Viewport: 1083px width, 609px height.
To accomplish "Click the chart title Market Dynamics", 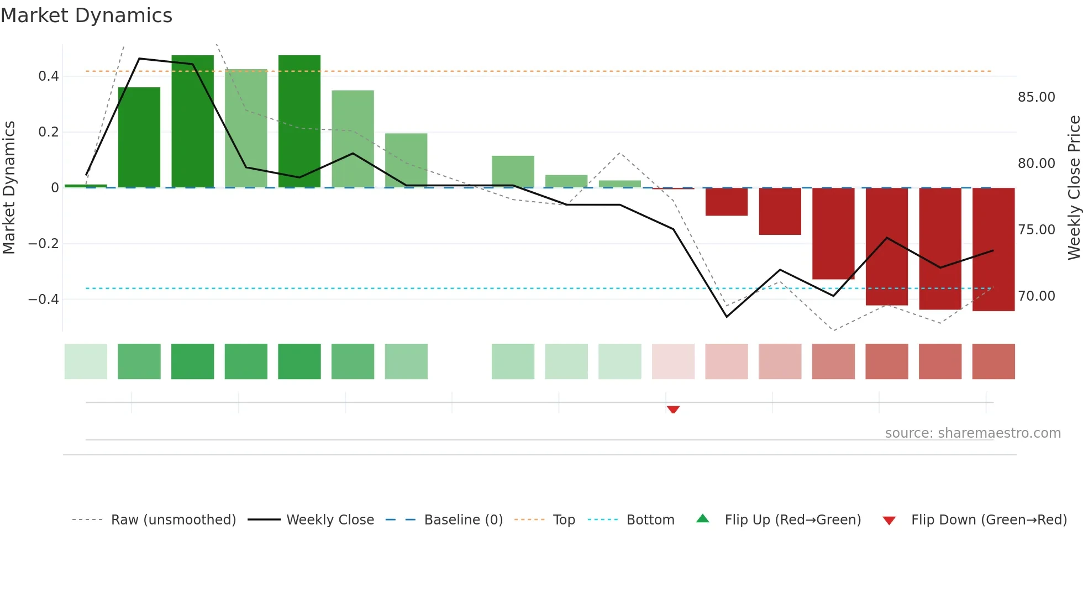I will click(x=86, y=15).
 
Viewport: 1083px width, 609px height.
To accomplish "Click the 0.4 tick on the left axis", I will click(x=49, y=76).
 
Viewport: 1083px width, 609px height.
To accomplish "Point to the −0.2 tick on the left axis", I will click(x=44, y=244).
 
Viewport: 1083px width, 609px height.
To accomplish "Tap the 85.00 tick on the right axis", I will click(x=1036, y=97).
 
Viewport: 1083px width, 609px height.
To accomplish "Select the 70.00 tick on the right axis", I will click(x=1036, y=296).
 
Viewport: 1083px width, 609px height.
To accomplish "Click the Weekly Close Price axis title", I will click(x=1074, y=187).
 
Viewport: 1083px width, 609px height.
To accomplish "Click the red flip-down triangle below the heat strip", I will click(x=673, y=410).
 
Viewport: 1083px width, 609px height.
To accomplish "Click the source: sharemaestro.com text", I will click(x=972, y=433).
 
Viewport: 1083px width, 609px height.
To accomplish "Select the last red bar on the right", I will click(x=993, y=249).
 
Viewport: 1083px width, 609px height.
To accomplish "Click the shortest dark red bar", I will click(x=727, y=202).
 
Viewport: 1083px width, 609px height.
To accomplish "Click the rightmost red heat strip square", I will click(x=993, y=361).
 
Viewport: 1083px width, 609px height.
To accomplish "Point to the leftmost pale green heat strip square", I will click(x=86, y=361).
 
